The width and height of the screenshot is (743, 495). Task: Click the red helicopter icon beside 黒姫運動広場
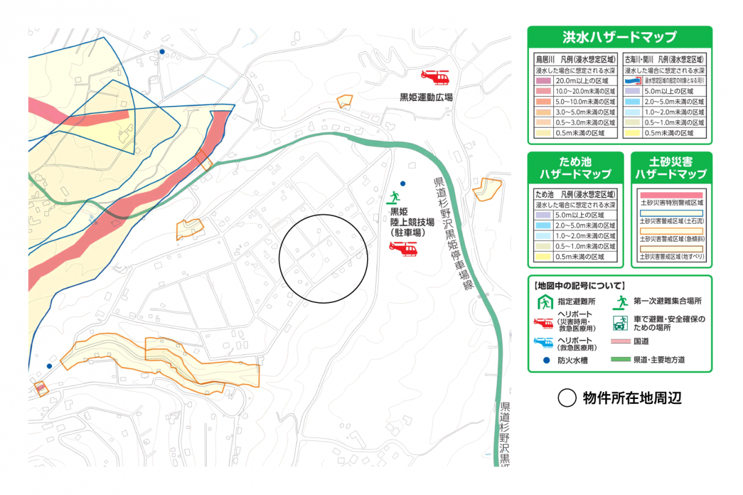435,77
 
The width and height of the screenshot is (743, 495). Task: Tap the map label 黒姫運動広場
425,97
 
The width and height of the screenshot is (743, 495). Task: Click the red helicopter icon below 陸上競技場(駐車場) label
403,248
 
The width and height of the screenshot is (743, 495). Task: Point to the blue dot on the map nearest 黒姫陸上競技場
403,183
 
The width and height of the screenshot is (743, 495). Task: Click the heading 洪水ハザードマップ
619,37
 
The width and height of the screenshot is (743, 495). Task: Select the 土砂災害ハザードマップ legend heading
671,169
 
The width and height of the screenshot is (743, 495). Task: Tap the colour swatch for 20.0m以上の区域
545,81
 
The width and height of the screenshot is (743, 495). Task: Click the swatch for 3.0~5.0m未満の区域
545,112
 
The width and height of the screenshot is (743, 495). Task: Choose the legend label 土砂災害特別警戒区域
671,203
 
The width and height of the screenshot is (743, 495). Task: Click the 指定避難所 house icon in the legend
543,303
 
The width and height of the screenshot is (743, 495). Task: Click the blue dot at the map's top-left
162,52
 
